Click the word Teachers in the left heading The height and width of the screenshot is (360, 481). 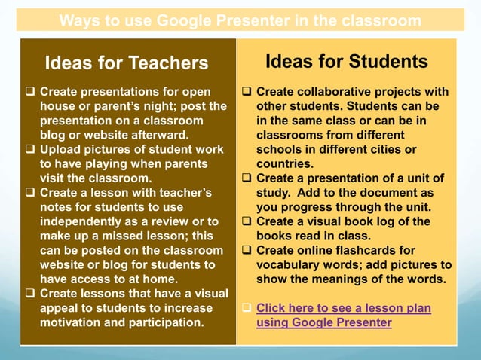tap(167, 63)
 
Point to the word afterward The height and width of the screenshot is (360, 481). tap(158, 136)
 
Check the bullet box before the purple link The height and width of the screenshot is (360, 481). tap(247, 308)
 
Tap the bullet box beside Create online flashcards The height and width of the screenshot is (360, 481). tap(247, 250)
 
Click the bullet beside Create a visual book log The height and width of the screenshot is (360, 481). tap(247, 221)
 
